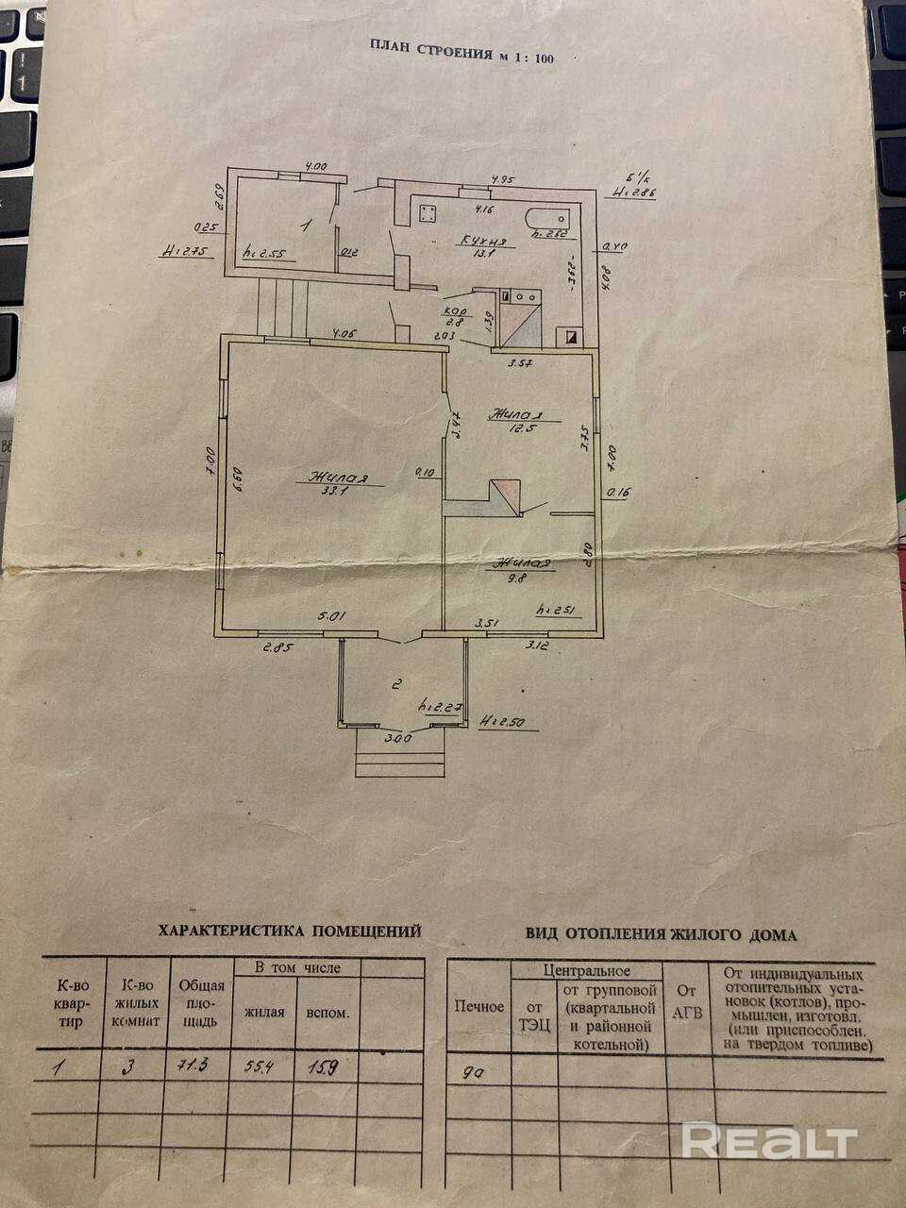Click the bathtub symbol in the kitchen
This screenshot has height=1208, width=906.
549,218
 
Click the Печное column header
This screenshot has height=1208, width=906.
479,1006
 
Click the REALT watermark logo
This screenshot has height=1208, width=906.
769,1141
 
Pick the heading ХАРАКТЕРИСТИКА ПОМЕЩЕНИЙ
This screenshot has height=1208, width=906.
290,931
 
